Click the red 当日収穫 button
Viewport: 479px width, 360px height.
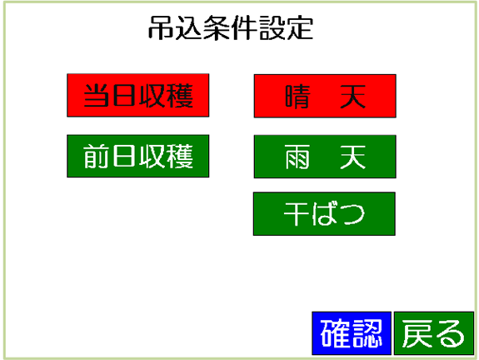[138, 95]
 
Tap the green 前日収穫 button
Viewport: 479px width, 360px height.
[138, 156]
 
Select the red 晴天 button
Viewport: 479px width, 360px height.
[325, 96]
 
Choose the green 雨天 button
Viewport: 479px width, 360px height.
[325, 157]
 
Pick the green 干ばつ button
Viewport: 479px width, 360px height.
[324, 214]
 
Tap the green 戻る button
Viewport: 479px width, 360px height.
[434, 333]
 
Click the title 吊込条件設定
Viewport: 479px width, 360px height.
[231, 28]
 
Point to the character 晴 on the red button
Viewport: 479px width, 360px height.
[298, 97]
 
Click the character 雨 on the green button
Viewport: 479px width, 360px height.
[297, 157]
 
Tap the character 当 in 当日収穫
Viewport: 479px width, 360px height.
[97, 95]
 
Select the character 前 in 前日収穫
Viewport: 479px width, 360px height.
[96, 156]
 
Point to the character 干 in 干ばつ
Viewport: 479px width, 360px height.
[297, 214]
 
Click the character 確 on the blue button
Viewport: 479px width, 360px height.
[336, 333]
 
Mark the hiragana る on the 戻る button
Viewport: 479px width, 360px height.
[450, 333]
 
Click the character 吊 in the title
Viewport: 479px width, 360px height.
[161, 28]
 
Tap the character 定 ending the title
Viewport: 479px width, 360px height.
[301, 28]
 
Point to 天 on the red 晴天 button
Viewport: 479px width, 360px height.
[353, 97]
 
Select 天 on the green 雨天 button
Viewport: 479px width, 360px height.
[353, 157]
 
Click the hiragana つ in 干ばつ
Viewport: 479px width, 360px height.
[353, 214]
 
